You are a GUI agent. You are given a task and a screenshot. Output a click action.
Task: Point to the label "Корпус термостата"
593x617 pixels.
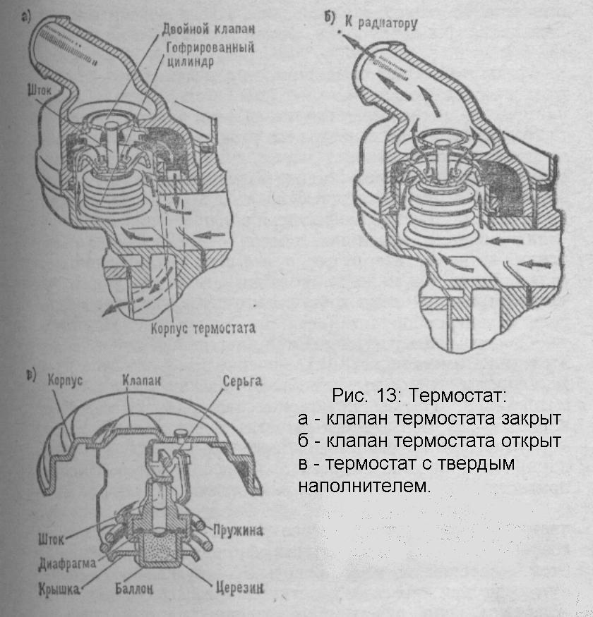203,328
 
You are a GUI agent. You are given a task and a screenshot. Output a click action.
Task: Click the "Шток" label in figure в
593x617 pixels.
49,540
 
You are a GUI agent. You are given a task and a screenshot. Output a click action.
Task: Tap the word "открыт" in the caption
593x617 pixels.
528,441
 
